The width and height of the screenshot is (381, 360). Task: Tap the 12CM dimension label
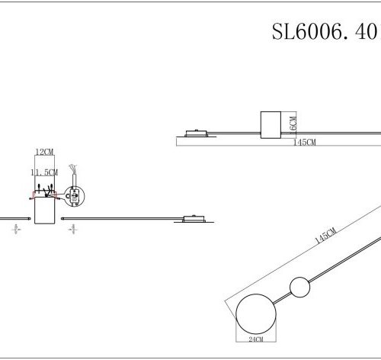pyautogui.click(x=44, y=153)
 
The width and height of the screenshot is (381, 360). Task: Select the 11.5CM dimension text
pyautogui.click(x=43, y=173)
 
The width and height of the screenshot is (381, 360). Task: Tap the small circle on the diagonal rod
pyautogui.click(x=299, y=288)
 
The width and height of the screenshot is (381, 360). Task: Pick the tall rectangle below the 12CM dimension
pyautogui.click(x=44, y=210)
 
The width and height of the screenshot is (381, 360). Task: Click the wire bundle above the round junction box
pyautogui.click(x=72, y=169)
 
